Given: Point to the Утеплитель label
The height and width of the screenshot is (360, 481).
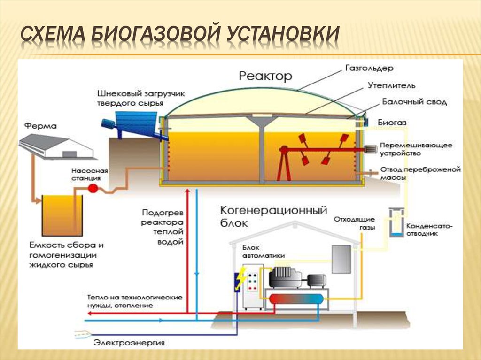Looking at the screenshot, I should coord(391,86).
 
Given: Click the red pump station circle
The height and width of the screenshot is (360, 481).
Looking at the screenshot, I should coord(93,188).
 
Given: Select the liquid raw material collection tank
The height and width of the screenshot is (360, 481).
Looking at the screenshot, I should coord(62,216).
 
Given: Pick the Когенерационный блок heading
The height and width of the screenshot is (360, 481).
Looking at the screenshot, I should coord(273,216).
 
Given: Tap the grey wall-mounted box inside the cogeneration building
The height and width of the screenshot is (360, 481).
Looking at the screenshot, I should coord(341,259).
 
